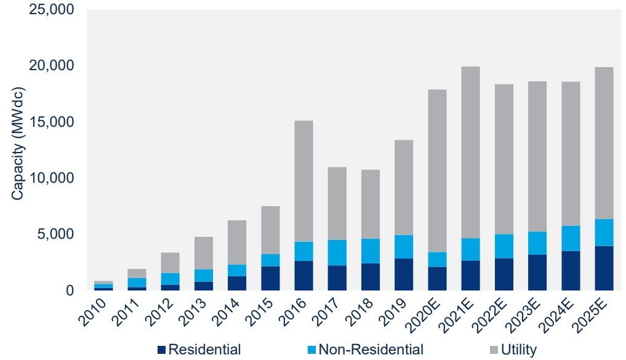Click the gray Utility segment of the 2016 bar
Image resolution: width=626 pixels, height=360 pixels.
tap(303, 181)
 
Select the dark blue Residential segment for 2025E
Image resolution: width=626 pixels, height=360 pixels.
tap(603, 268)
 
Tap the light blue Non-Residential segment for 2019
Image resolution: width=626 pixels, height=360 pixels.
tap(403, 247)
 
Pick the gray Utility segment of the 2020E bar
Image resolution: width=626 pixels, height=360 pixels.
tap(437, 171)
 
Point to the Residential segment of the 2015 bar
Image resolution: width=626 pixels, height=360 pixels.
tap(270, 278)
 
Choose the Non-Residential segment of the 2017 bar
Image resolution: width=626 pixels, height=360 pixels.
tap(337, 253)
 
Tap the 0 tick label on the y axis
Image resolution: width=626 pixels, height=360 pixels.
tap(69, 290)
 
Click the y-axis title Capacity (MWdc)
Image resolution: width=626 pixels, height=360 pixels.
tap(17, 150)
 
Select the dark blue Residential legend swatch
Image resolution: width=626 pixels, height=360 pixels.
tap(162, 350)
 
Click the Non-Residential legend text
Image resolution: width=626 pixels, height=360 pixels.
tap(371, 350)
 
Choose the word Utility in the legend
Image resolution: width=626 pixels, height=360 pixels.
tap(518, 350)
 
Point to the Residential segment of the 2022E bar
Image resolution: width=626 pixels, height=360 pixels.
tap(504, 274)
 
